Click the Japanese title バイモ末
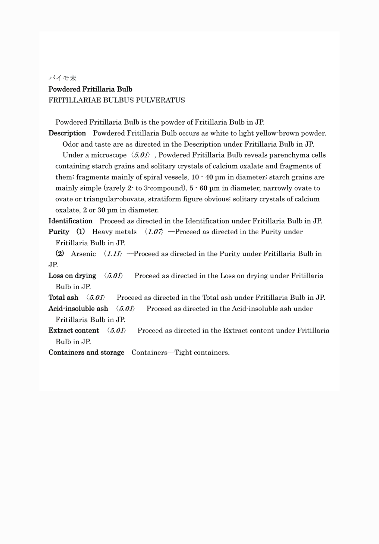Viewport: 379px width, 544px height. click(63, 78)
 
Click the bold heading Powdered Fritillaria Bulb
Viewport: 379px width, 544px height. click(90, 89)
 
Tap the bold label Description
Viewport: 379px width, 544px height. click(67, 133)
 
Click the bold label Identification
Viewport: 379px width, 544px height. click(70, 221)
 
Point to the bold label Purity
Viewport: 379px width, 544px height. click(59, 232)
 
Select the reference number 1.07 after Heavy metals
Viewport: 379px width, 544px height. click(154, 232)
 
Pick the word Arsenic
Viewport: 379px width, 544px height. click(83, 254)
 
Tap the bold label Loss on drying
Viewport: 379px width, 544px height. click(72, 276)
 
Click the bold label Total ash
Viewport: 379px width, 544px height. click(63, 298)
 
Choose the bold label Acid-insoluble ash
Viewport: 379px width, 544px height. click(78, 309)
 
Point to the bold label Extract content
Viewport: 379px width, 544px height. click(74, 331)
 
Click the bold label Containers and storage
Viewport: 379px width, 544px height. click(86, 352)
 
